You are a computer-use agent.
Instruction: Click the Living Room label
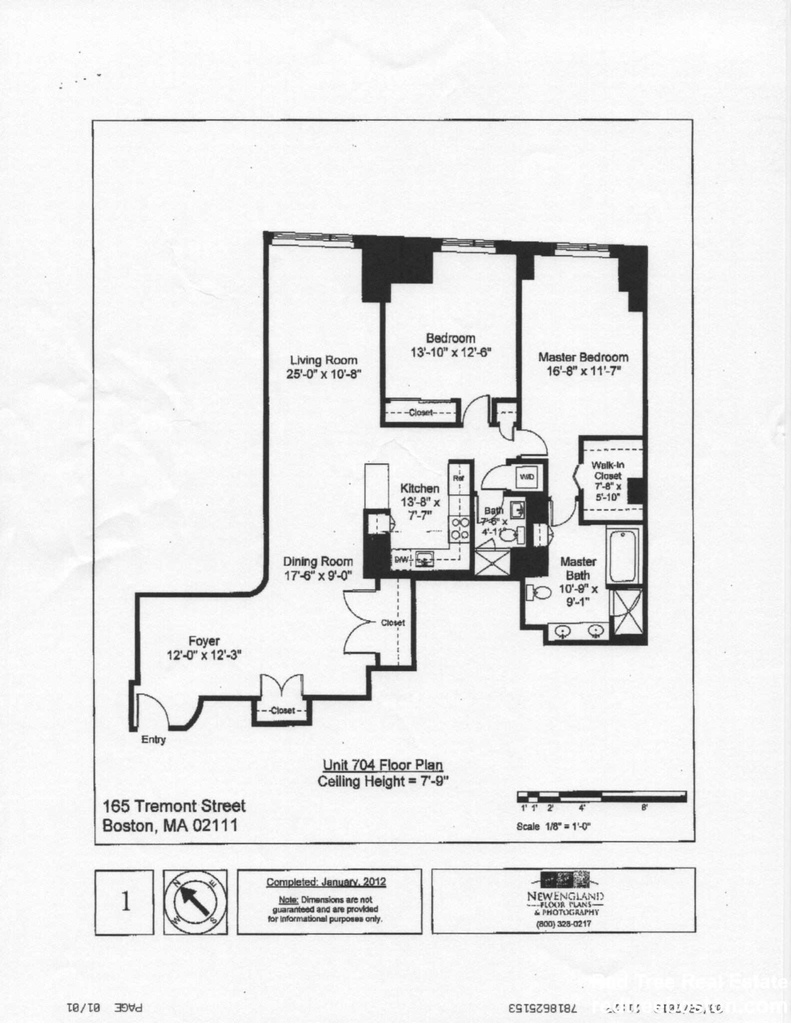tap(324, 360)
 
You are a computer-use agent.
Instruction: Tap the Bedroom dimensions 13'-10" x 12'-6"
tap(451, 352)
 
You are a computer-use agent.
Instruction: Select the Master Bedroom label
tap(583, 357)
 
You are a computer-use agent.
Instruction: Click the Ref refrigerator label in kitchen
tap(458, 478)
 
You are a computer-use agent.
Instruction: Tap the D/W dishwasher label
tap(402, 560)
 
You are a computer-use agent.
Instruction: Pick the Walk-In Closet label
tap(608, 471)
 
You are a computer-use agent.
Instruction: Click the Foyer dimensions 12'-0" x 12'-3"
tap(204, 655)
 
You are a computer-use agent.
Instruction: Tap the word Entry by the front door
tap(153, 740)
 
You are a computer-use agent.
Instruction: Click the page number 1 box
tap(124, 902)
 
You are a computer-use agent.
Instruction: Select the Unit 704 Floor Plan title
tap(383, 765)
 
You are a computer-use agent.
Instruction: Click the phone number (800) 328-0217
tap(563, 924)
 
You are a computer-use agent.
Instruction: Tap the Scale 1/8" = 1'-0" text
tap(553, 826)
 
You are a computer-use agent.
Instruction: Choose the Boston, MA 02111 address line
tap(170, 825)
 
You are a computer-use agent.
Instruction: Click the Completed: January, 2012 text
tap(326, 882)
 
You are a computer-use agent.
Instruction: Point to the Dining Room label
tap(318, 561)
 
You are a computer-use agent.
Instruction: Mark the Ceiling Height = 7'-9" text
tap(383, 781)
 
